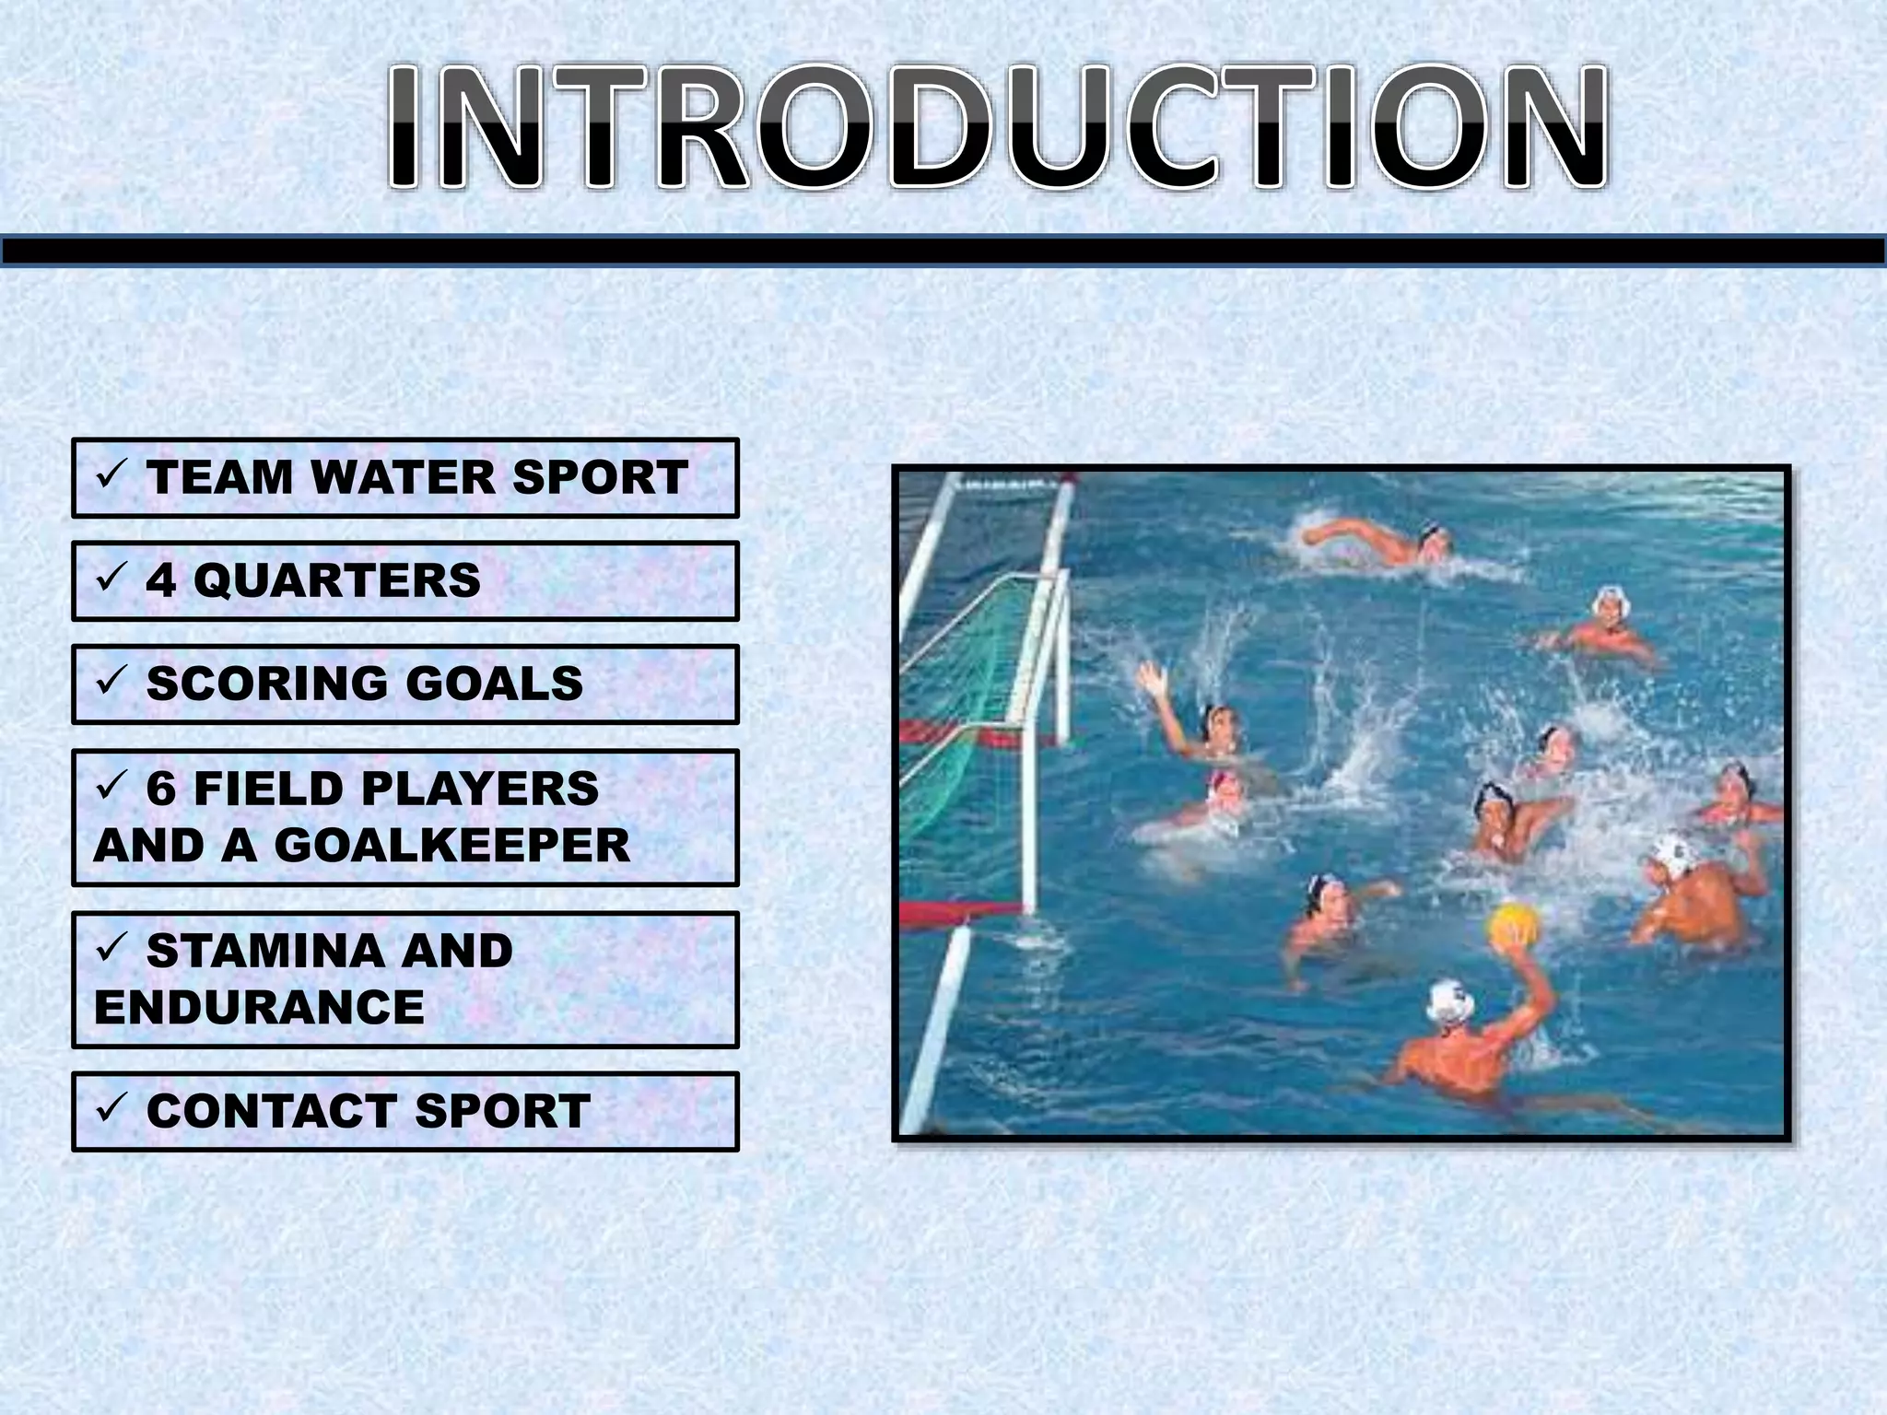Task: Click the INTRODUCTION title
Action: coord(997,128)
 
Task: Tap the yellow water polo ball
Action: coord(1512,925)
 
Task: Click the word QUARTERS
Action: coord(336,581)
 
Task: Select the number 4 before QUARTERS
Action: coord(160,581)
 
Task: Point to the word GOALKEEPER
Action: coord(451,846)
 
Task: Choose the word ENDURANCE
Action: coord(259,1007)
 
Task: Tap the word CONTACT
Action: coord(272,1112)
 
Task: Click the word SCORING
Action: coord(267,684)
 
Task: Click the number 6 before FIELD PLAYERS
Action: coord(160,789)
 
